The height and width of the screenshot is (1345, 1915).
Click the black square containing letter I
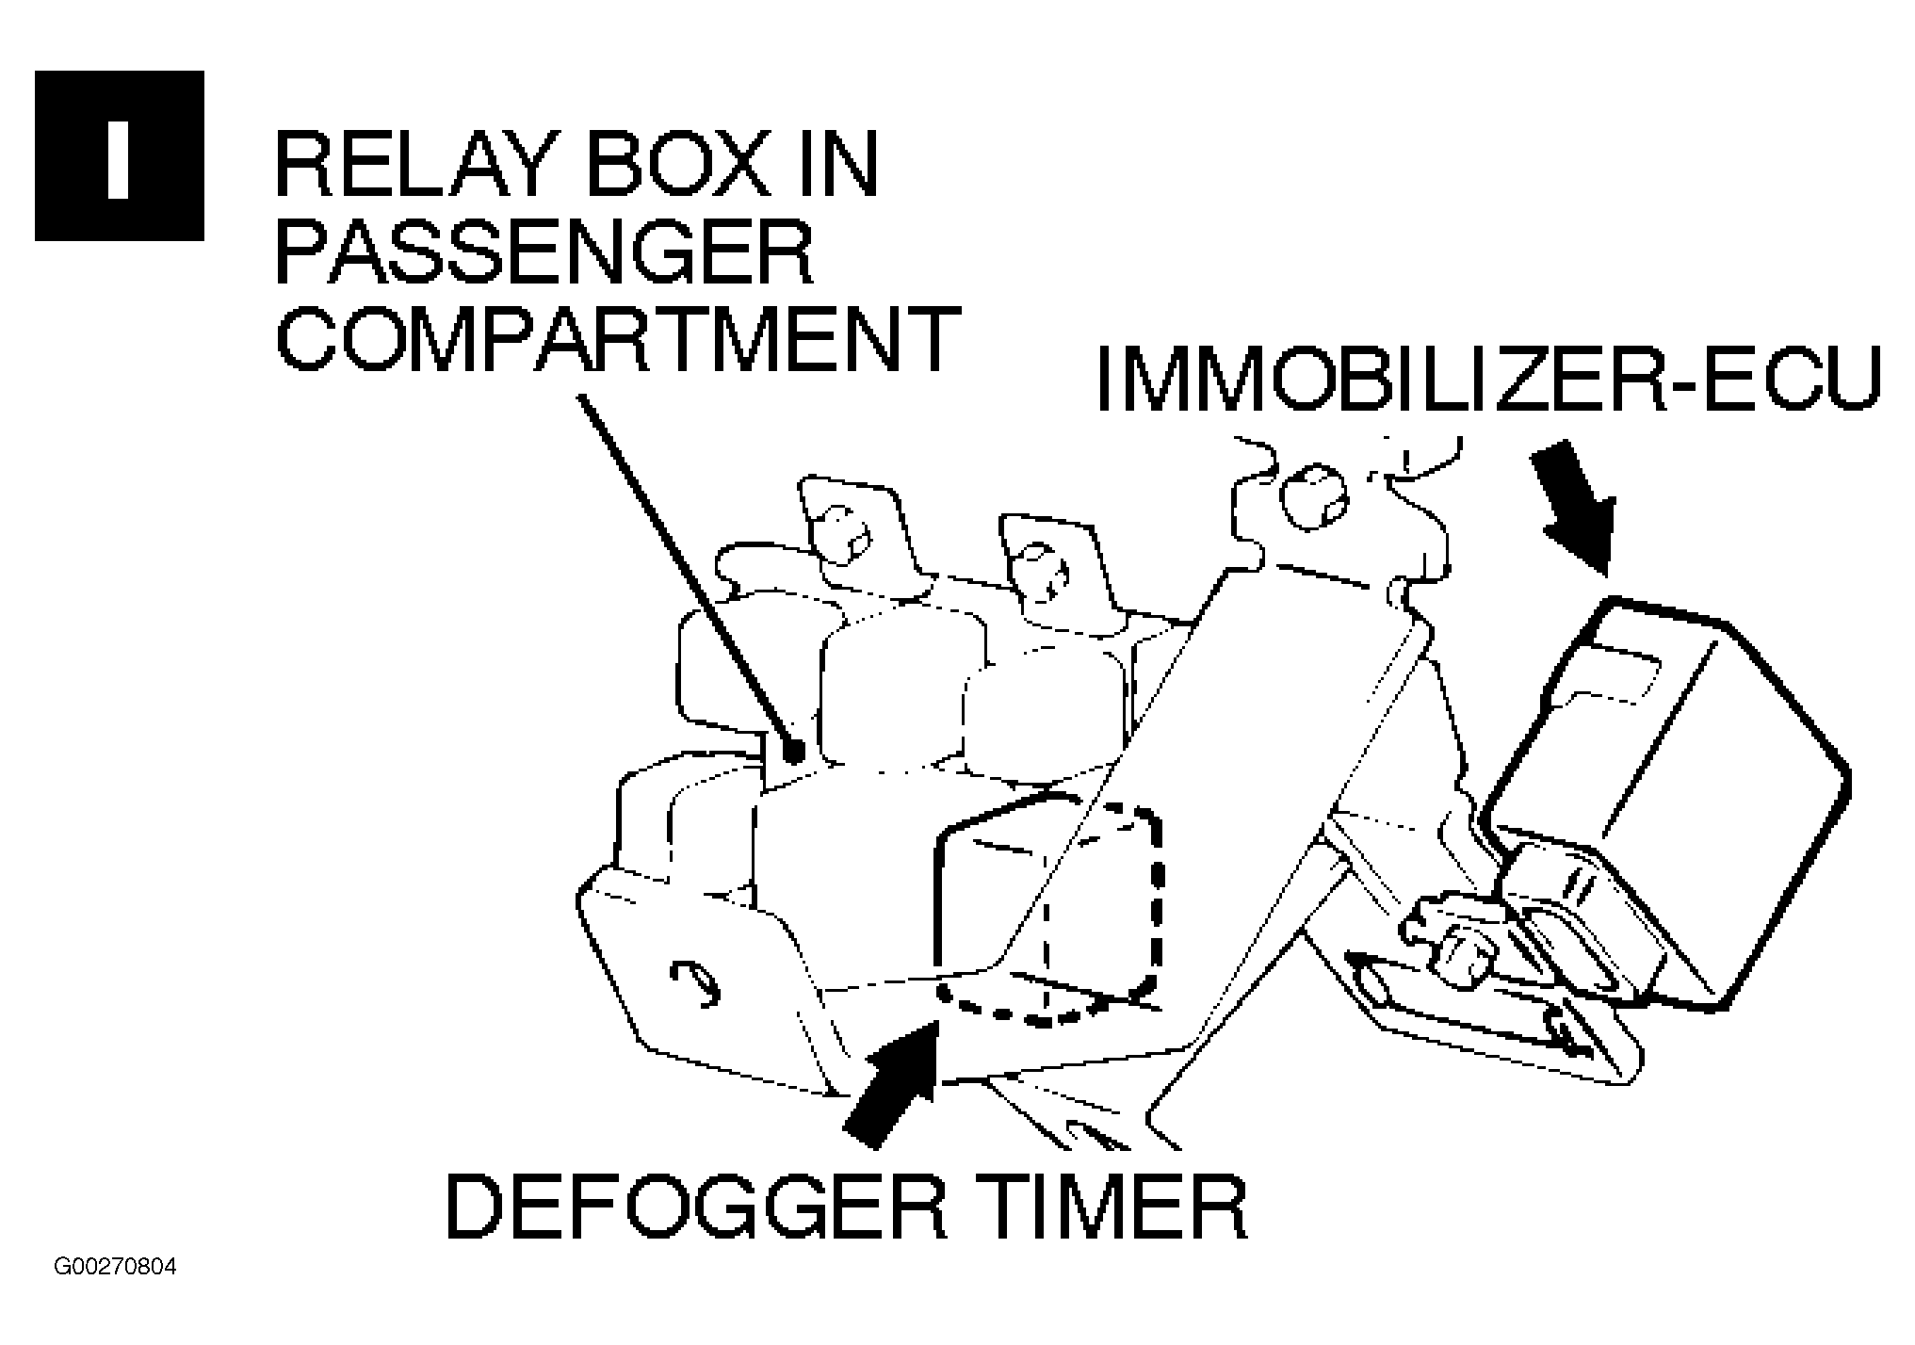click(120, 155)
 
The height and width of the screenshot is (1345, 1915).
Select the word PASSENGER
click(544, 251)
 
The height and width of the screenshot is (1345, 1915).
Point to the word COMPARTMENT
click(617, 339)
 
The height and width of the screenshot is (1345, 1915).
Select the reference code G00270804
click(115, 1267)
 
